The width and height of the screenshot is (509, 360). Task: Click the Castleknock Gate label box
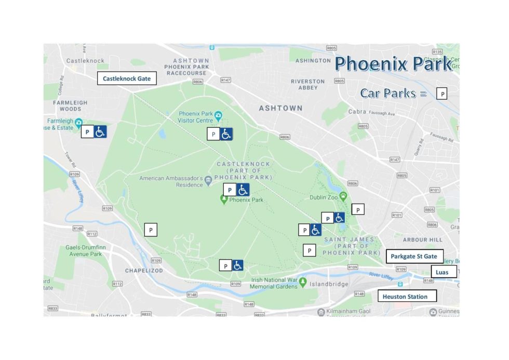click(x=127, y=78)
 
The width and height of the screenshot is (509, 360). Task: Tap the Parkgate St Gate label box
click(x=414, y=256)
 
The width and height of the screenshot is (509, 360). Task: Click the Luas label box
click(x=443, y=272)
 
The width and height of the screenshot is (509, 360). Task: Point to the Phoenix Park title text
click(x=393, y=64)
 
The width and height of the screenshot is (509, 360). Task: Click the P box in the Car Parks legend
click(x=442, y=94)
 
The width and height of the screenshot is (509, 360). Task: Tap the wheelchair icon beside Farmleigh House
click(x=100, y=132)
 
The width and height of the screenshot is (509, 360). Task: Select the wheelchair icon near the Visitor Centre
click(x=226, y=134)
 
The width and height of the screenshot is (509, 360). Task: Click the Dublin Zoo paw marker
click(x=343, y=195)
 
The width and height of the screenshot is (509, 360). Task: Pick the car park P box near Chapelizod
click(x=151, y=229)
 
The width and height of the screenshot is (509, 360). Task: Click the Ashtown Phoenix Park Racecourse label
click(x=186, y=67)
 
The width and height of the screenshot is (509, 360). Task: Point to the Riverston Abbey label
click(x=307, y=84)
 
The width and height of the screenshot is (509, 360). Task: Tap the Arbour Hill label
click(x=422, y=240)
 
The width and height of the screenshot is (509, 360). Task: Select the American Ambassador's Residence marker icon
click(x=208, y=180)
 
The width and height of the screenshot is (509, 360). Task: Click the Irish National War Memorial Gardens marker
click(x=303, y=283)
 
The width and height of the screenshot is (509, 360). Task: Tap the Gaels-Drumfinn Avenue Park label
click(x=86, y=251)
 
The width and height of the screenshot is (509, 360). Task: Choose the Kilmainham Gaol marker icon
click(x=322, y=312)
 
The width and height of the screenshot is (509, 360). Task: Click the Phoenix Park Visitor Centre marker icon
click(x=219, y=114)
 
